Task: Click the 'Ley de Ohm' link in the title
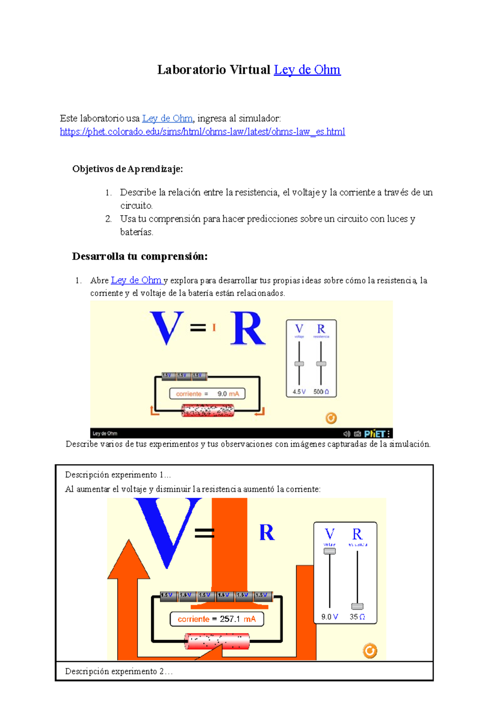[307, 70]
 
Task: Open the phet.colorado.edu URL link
[202, 132]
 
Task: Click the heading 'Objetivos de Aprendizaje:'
[127, 169]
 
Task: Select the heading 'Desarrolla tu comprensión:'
[140, 256]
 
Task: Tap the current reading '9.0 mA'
[228, 394]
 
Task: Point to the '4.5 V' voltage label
[299, 392]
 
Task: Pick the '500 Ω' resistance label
[321, 392]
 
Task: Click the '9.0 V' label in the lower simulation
[329, 617]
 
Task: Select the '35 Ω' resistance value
[357, 617]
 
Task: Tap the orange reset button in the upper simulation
[331, 418]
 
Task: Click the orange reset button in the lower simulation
[370, 651]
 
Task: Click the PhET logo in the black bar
[375, 434]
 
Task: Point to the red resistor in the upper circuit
[208, 411]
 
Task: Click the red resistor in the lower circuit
[217, 641]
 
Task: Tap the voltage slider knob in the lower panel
[330, 551]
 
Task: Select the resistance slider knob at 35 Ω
[357, 606]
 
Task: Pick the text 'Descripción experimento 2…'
[118, 672]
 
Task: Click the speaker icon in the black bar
[347, 434]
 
